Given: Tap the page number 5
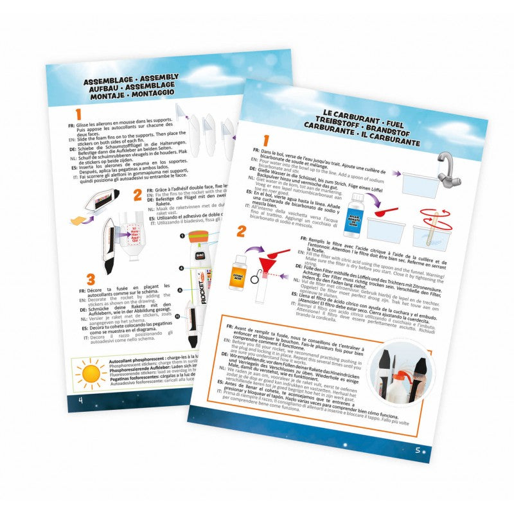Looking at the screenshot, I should pyautogui.click(x=418, y=449).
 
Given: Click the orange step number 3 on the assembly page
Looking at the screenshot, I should pyautogui.click(x=90, y=281).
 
